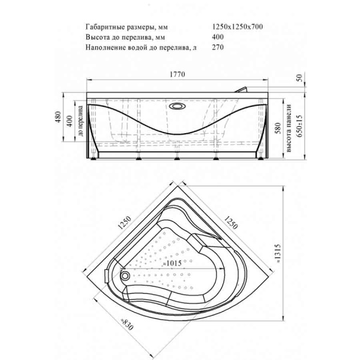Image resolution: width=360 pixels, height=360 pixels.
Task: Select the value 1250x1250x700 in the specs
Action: [x=238, y=27]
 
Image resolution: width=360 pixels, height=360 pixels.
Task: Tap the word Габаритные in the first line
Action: [x=103, y=27]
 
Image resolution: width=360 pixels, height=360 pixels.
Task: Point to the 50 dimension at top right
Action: [x=299, y=79]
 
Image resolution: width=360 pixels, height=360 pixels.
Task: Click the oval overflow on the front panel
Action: [x=178, y=107]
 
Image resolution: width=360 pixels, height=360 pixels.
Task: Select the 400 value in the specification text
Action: [x=218, y=37]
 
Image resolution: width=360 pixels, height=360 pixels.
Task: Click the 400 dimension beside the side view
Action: [x=70, y=121]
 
